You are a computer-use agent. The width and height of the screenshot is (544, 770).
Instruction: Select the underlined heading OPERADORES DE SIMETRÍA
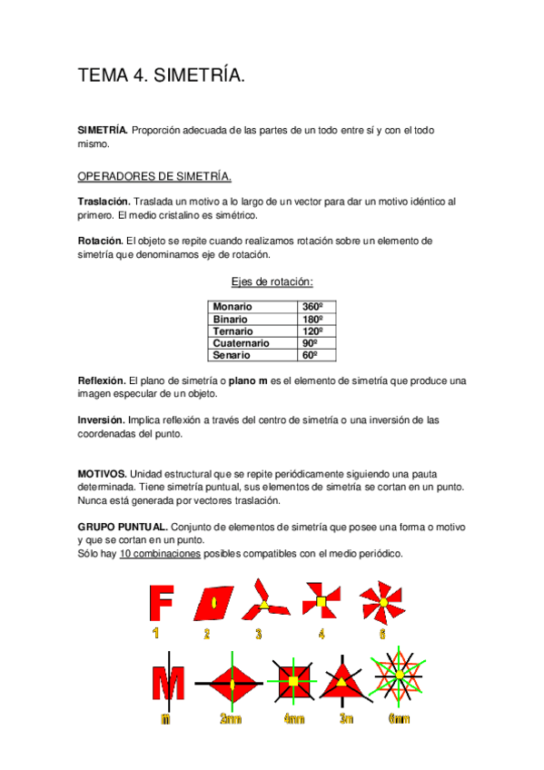154,175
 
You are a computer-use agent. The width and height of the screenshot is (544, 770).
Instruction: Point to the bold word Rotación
100,241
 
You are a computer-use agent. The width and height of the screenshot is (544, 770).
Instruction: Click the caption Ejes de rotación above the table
272,282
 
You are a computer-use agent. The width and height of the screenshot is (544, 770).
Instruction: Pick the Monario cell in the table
233,308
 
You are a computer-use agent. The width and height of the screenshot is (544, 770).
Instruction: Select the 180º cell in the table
313,320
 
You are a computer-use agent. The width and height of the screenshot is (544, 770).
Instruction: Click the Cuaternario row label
241,343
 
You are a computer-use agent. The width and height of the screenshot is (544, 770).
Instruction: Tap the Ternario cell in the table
232,331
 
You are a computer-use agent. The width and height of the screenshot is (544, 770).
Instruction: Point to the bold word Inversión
101,420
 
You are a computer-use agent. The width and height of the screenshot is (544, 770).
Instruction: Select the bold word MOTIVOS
102,474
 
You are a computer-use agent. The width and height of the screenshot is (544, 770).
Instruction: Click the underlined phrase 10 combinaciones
160,554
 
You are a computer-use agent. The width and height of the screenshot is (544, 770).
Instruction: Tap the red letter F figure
162,602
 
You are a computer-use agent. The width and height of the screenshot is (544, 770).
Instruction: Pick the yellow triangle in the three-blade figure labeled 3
264,603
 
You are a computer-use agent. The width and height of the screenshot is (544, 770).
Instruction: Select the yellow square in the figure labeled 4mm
293,680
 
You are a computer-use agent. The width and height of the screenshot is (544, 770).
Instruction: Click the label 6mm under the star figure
398,719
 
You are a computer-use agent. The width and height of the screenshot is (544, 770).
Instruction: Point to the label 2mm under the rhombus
231,719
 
